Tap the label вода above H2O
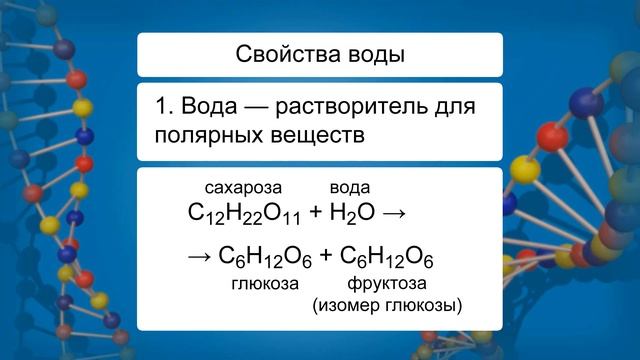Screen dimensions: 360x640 pyautogui.click(x=350, y=187)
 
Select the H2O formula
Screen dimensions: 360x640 pyautogui.click(x=350, y=213)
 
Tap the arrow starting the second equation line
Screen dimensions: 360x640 pyautogui.click(x=199, y=258)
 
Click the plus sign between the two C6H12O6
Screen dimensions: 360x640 pyautogui.click(x=324, y=258)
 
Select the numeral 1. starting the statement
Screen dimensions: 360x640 pyautogui.click(x=164, y=106)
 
